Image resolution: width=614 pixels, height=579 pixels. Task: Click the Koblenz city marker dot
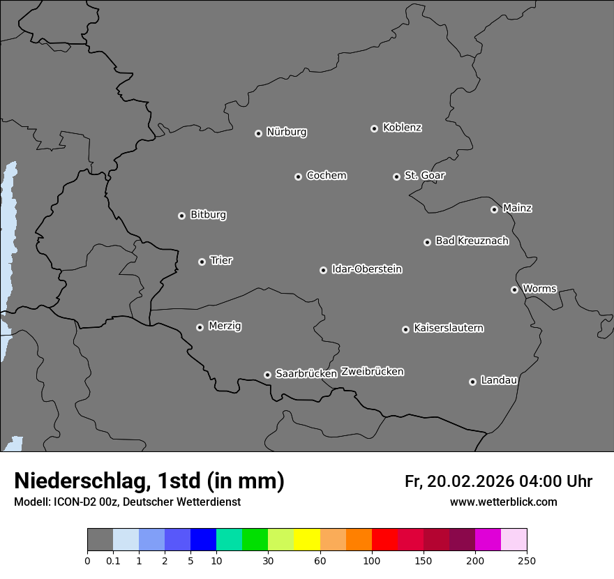point(374,128)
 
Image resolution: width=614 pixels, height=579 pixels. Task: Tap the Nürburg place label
point(287,132)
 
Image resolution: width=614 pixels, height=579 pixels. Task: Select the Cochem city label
point(327,175)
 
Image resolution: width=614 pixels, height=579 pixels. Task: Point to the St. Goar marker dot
point(396,176)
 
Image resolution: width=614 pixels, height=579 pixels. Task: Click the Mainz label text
point(517,208)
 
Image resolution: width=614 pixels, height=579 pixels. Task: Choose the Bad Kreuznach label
point(472,241)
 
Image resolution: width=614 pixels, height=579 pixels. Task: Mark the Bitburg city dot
point(181,216)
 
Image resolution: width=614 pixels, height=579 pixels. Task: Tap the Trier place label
point(221,260)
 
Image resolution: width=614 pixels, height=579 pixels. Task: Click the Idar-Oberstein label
point(366,269)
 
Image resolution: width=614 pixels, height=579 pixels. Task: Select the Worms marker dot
point(514,289)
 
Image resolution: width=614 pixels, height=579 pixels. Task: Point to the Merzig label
point(225,326)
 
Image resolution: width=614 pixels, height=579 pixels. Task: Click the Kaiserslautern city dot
point(405,329)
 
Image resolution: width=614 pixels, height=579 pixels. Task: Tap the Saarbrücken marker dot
point(267,375)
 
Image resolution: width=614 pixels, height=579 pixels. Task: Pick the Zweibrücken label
point(372,371)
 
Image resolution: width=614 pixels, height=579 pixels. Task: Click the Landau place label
point(499,380)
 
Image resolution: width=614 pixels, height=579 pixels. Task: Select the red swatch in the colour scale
point(384,540)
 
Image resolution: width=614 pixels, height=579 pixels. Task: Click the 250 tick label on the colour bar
point(527,560)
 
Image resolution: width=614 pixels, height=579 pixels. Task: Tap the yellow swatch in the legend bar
point(307,540)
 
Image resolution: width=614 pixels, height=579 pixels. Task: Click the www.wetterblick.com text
point(503,502)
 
